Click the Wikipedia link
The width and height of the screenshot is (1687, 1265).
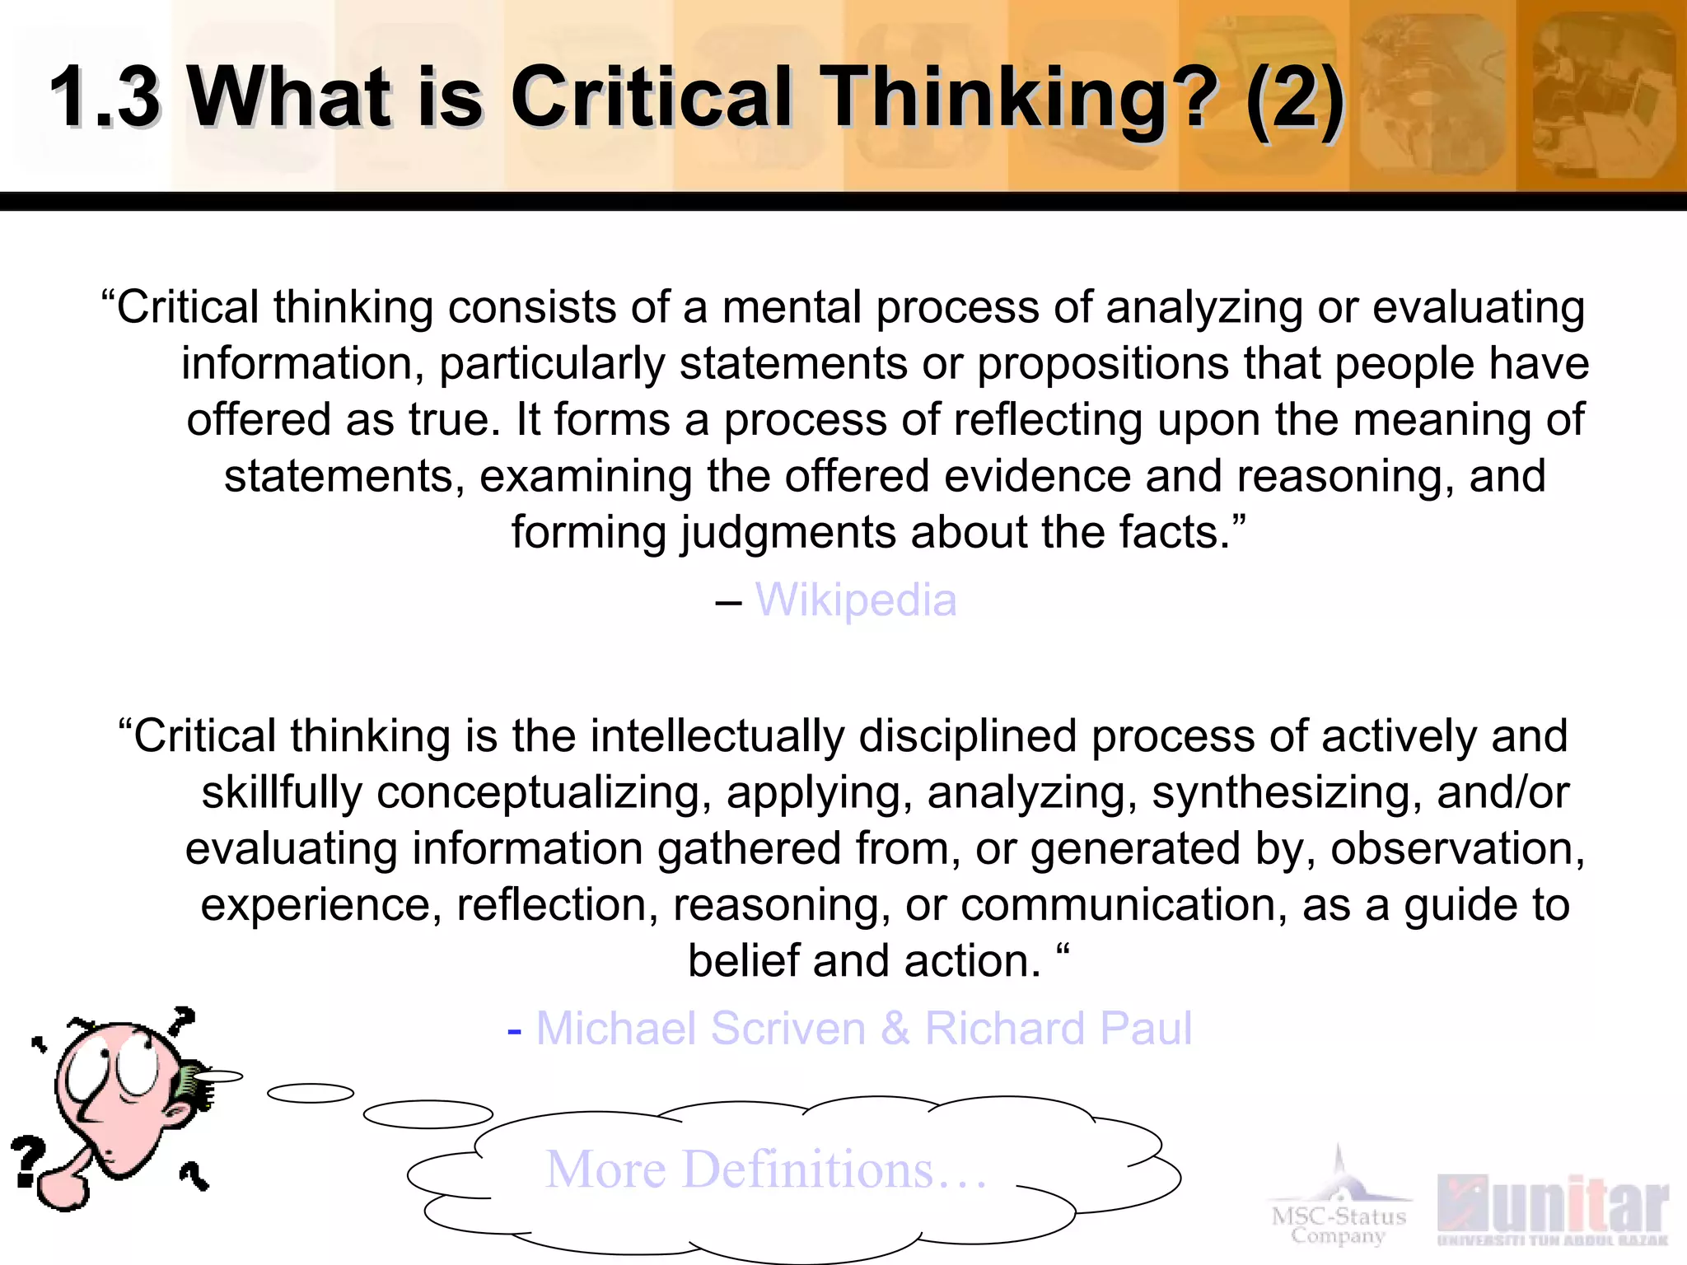click(856, 600)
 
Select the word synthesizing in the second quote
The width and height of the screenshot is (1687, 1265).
click(1285, 793)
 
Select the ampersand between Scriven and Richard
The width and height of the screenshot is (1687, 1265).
click(895, 1029)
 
